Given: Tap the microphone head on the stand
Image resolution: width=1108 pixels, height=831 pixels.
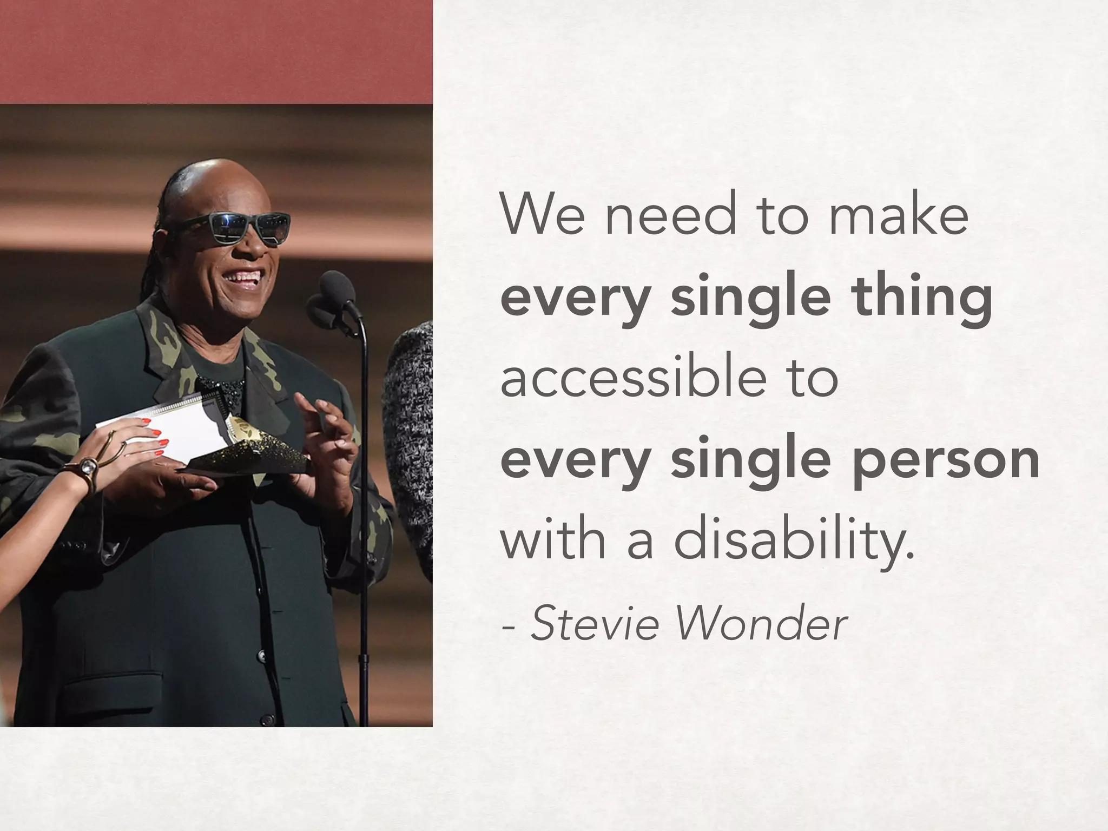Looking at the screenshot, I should (337, 287).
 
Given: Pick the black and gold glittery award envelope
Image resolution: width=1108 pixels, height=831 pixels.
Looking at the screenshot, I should (249, 454).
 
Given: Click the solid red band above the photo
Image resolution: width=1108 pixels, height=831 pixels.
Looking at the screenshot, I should (216, 51).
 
